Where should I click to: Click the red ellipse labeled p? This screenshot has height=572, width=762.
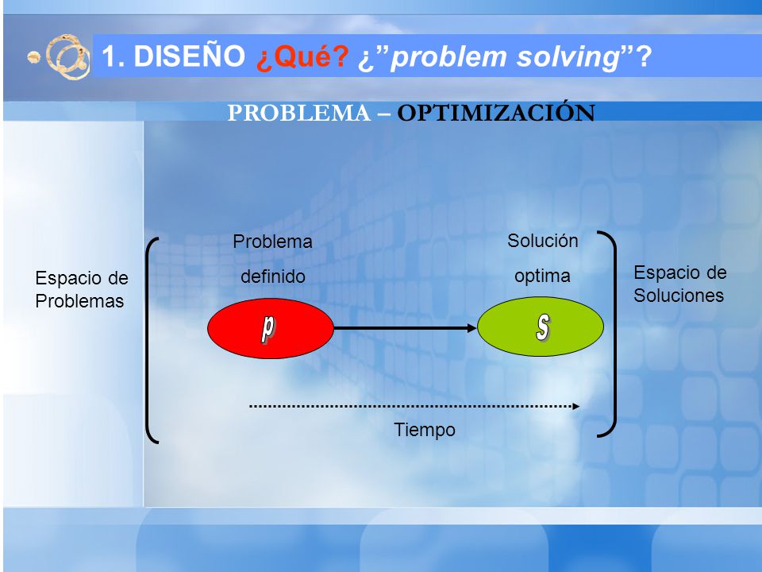click(x=270, y=328)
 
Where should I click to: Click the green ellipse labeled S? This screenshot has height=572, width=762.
click(x=541, y=327)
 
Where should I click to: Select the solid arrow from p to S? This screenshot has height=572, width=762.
click(x=406, y=328)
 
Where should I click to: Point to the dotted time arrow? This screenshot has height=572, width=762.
click(x=414, y=406)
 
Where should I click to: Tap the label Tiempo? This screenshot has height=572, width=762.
click(x=424, y=430)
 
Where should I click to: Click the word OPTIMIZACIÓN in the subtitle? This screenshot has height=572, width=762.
click(x=496, y=112)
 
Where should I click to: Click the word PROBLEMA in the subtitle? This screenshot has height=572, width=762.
click(x=299, y=113)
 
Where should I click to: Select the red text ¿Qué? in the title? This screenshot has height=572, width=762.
click(x=302, y=56)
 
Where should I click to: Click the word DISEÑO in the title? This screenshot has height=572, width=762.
click(x=189, y=55)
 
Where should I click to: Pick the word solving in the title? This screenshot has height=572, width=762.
click(x=567, y=57)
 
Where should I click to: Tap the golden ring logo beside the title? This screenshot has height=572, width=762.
click(x=66, y=56)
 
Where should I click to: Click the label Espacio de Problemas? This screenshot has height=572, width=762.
click(x=82, y=289)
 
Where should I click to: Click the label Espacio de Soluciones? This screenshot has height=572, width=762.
click(x=680, y=284)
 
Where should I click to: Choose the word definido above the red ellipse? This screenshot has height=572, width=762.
click(x=273, y=276)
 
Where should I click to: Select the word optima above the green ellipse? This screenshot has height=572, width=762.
click(x=542, y=276)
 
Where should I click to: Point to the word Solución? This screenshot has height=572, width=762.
click(x=543, y=241)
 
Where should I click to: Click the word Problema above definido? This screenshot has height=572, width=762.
click(x=272, y=242)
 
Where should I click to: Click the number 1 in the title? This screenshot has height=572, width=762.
click(x=110, y=55)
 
